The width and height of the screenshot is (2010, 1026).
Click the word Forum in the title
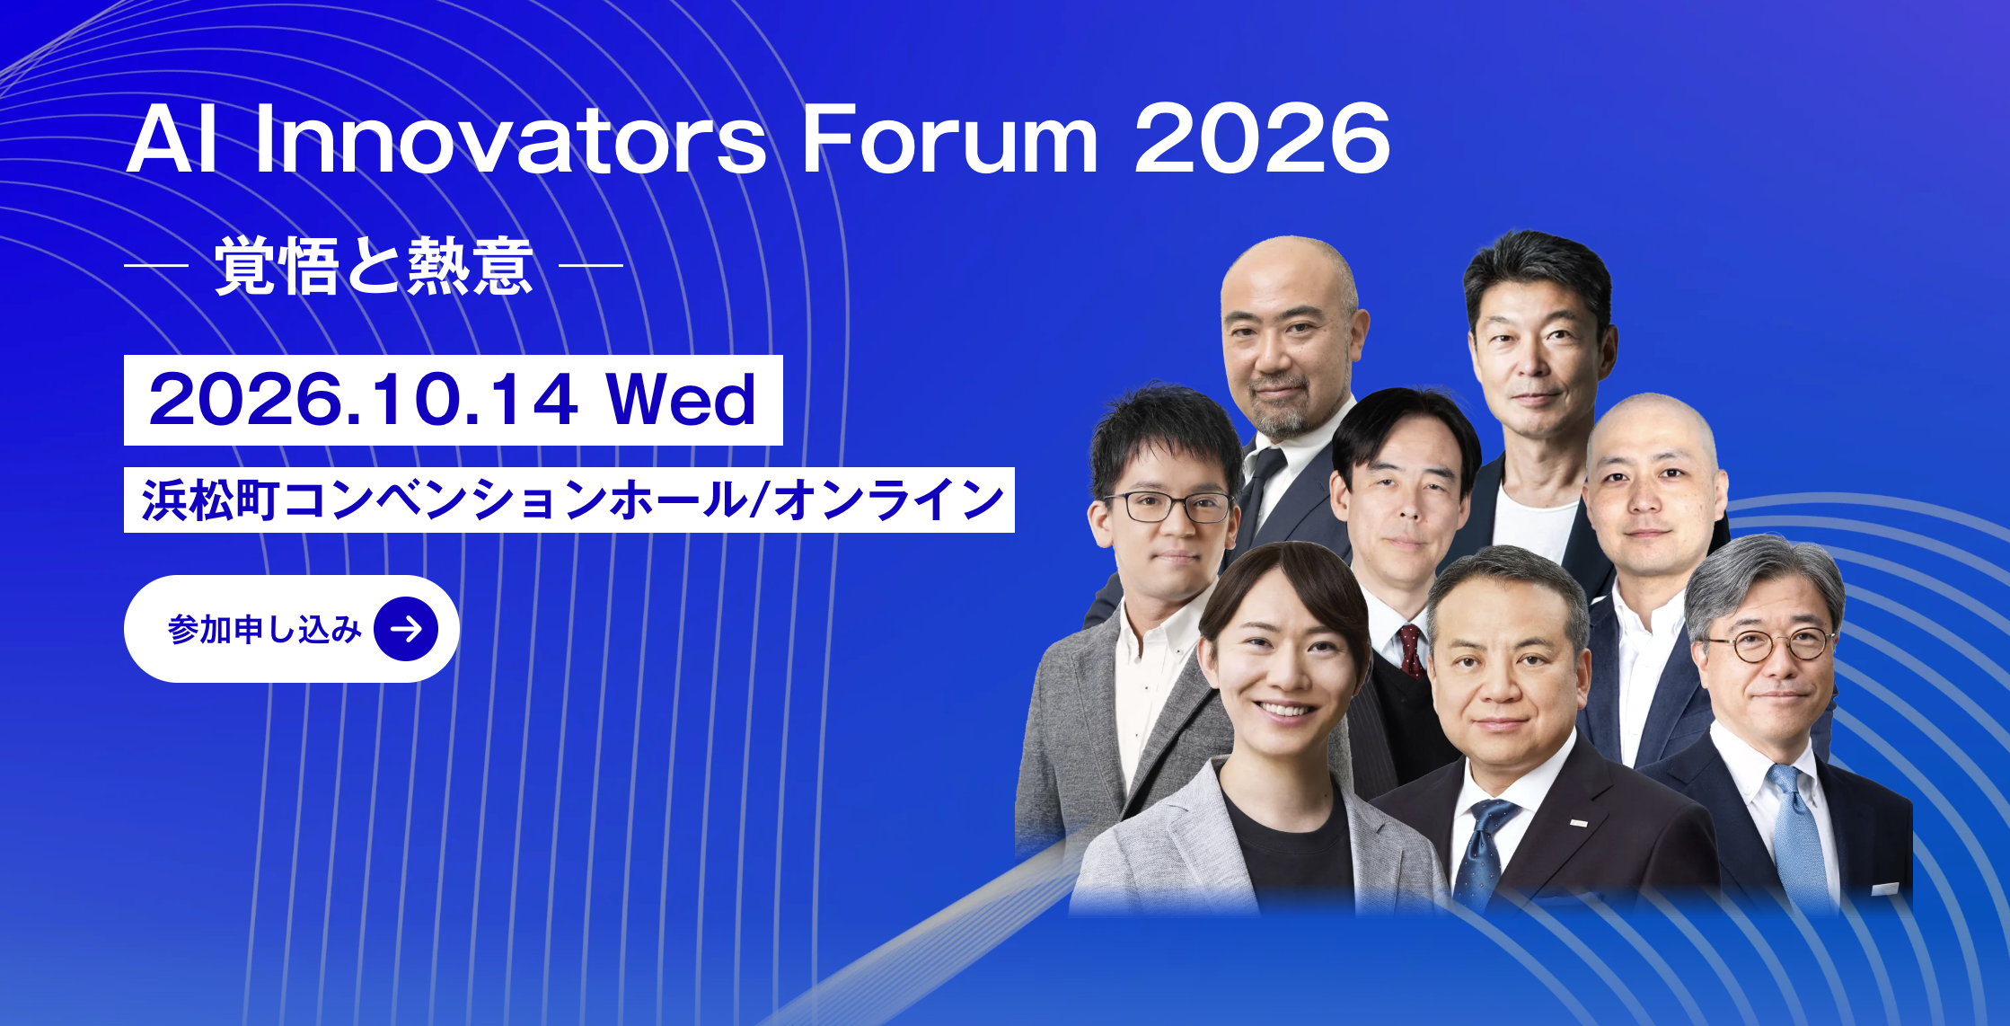949,139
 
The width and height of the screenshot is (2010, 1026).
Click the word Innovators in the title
511,139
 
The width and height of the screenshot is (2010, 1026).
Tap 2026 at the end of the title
1262,138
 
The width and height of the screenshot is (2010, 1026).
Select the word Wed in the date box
681,400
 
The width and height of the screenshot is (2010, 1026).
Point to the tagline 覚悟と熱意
374,266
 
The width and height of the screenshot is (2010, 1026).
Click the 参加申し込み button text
264,630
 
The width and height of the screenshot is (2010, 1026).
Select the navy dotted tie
1482,848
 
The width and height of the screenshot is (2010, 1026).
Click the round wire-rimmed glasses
1767,644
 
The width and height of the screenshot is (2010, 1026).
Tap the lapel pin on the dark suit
1578,822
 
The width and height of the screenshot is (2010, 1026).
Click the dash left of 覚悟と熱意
156,266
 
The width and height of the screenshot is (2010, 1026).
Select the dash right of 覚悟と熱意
591,266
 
